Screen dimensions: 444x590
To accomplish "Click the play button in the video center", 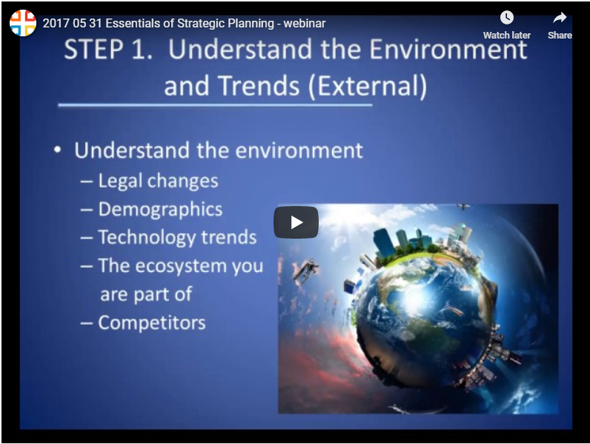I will pyautogui.click(x=296, y=222).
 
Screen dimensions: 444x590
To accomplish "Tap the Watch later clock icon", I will pyautogui.click(x=506, y=18).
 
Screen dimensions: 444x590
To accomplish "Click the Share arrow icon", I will pyautogui.click(x=560, y=18).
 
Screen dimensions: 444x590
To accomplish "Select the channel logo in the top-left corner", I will pyautogui.click(x=22, y=23).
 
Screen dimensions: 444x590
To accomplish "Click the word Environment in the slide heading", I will pyautogui.click(x=442, y=50).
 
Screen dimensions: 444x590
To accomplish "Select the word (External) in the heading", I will pyautogui.click(x=368, y=86).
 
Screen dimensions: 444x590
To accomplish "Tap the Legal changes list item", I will pyautogui.click(x=157, y=181).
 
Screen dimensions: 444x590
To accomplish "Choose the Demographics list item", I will pyautogui.click(x=159, y=209).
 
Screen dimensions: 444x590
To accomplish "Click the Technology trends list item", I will pyautogui.click(x=177, y=237).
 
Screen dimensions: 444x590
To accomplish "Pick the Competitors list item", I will pyautogui.click(x=151, y=322).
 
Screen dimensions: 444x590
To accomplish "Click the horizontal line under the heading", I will pyautogui.click(x=215, y=105).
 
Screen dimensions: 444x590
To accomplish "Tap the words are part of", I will pyautogui.click(x=146, y=294).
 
